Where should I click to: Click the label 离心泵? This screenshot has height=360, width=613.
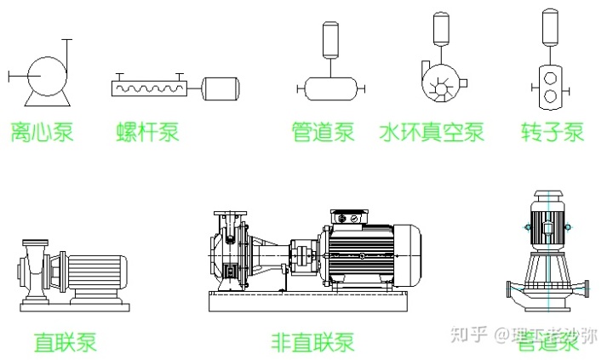42,133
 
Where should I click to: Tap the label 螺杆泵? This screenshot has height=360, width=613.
148,133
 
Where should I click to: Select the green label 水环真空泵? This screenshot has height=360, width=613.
432,133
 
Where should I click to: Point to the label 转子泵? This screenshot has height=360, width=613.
553,133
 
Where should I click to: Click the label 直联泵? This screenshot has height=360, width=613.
66,342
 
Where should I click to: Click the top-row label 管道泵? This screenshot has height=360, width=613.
323,133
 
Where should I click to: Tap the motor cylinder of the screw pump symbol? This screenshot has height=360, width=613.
221,87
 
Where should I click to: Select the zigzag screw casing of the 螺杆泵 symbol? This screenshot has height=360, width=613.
150,87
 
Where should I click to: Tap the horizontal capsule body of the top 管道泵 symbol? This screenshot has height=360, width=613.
330,86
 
